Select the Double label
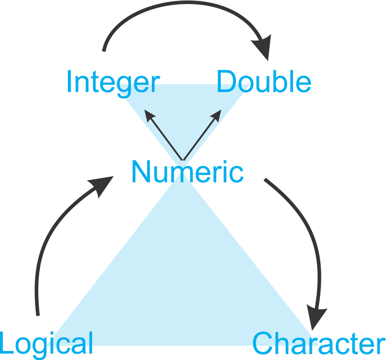pyautogui.click(x=264, y=81)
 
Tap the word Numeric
pyautogui.click(x=188, y=171)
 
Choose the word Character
pyautogui.click(x=319, y=343)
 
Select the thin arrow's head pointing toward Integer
pyautogui.click(x=149, y=115)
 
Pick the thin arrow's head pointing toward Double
pyautogui.click(x=216, y=115)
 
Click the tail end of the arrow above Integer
pyautogui.click(x=104, y=51)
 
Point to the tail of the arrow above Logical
pyautogui.click(x=38, y=315)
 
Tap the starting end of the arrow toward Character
pyautogui.click(x=265, y=179)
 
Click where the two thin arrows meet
pyautogui.click(x=183, y=160)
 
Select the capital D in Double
pyautogui.click(x=227, y=81)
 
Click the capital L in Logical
pyautogui.click(x=7, y=343)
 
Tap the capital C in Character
pyautogui.click(x=263, y=343)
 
